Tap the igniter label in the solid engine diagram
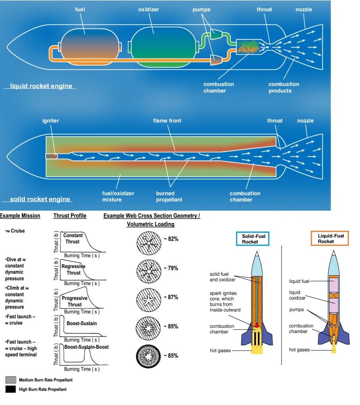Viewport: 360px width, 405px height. tap(50, 121)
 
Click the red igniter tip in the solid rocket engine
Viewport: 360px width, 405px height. tap(56, 156)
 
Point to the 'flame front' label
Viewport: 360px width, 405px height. tap(167, 121)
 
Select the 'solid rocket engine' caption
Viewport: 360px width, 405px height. tap(40, 199)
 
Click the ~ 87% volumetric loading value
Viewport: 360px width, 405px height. tap(170, 297)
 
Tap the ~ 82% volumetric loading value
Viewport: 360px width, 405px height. tap(170, 239)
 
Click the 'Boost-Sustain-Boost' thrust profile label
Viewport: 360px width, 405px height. tap(87, 347)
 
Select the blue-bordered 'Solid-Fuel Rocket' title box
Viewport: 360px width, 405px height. tap(252, 239)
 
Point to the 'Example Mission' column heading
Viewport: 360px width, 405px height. tap(20, 216)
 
